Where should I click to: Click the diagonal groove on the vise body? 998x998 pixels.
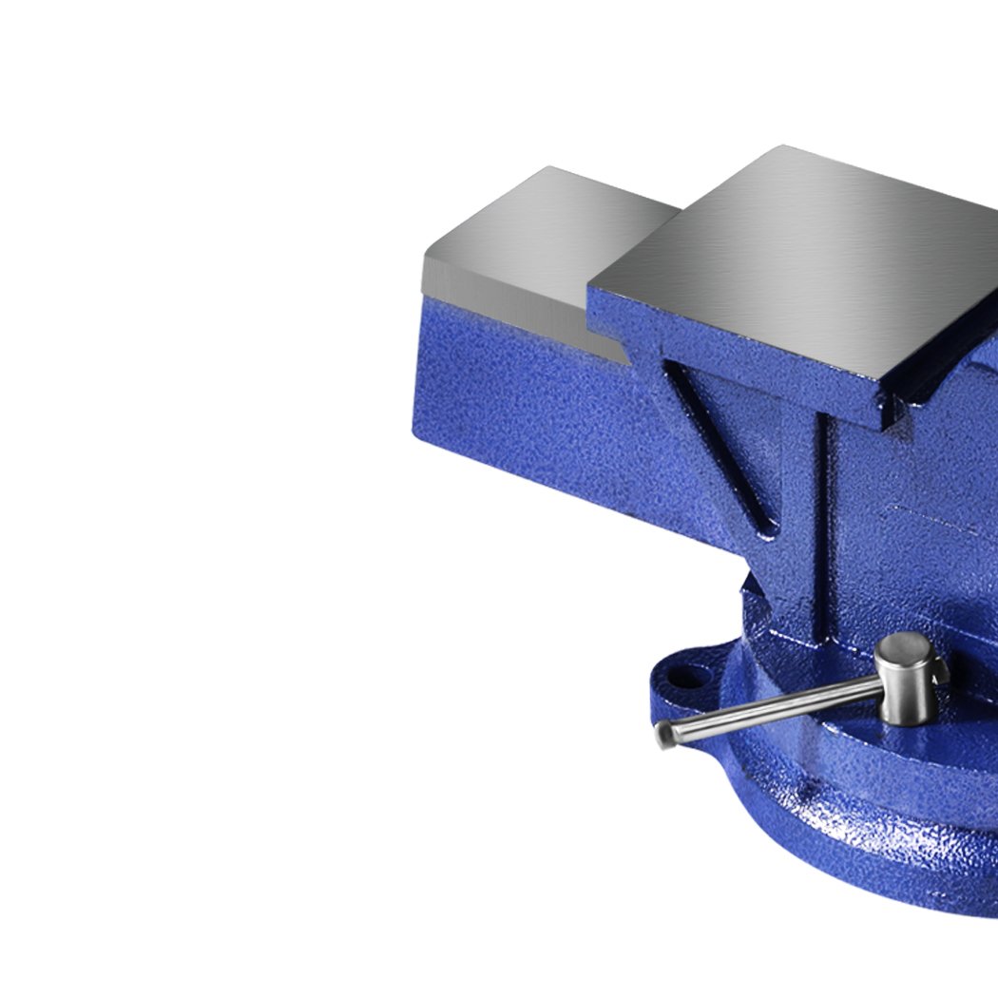point(718,447)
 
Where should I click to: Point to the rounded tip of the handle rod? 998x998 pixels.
point(665,734)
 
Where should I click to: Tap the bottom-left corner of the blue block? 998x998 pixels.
point(415,432)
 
